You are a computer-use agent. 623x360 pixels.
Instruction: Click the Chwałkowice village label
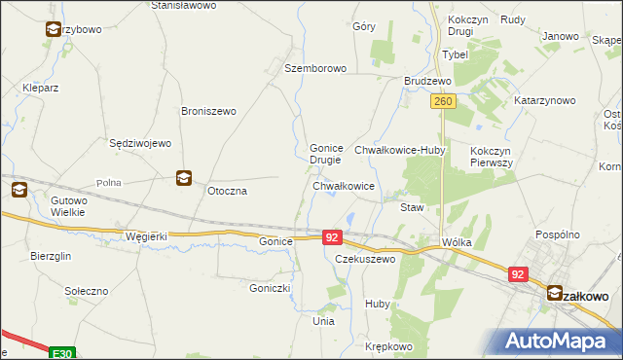click(343, 185)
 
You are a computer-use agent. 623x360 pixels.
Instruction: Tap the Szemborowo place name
click(314, 69)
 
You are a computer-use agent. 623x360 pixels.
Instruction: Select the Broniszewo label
click(209, 111)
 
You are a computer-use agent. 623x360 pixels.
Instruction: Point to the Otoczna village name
click(227, 191)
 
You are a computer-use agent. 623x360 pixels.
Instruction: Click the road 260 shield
click(443, 101)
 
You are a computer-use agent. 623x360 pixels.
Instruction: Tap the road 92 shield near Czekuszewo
click(332, 236)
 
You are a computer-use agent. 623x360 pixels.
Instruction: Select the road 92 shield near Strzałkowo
click(518, 275)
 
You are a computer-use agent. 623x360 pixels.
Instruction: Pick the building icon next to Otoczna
click(184, 178)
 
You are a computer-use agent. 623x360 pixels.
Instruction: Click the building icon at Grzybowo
click(53, 30)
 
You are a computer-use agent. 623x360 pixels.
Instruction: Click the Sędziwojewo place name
click(140, 143)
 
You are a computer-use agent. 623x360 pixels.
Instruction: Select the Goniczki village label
click(270, 288)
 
